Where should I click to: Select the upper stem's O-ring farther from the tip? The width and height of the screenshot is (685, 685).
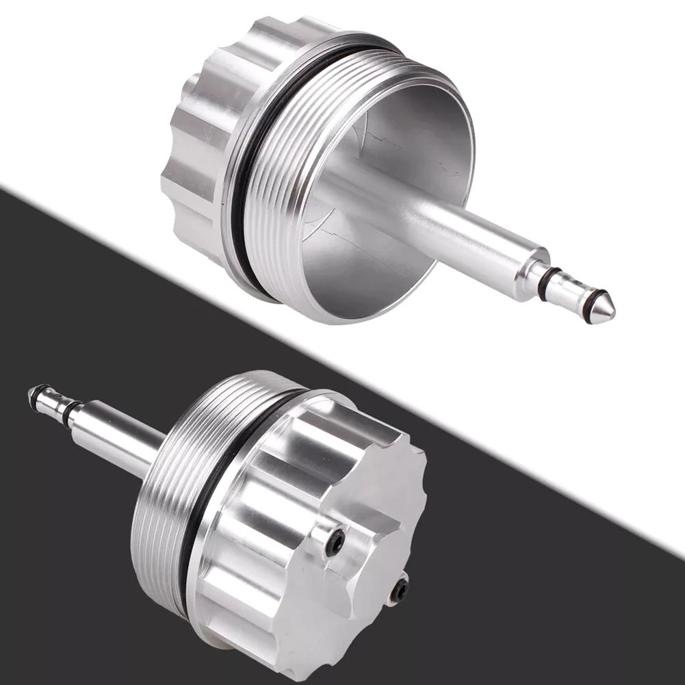click(545, 283)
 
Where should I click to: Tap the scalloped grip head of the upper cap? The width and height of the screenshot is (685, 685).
click(192, 137)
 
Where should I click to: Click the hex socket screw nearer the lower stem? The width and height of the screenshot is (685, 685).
click(335, 543)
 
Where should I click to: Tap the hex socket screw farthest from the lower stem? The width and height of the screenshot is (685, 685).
click(399, 591)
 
